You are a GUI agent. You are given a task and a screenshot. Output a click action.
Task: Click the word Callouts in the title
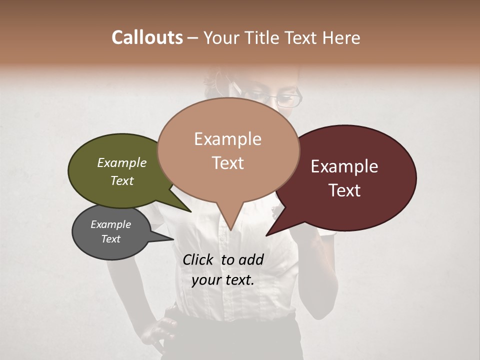pyautogui.click(x=147, y=37)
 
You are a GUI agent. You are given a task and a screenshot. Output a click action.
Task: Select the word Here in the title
pyautogui.click(x=342, y=37)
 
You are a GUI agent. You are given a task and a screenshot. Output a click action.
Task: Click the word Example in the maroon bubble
pyautogui.click(x=344, y=166)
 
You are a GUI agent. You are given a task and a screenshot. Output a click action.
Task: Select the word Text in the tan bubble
pyautogui.click(x=228, y=163)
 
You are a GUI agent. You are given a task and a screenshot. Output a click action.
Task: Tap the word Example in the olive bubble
pyautogui.click(x=122, y=162)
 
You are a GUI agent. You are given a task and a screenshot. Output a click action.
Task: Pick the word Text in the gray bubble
pyautogui.click(x=111, y=239)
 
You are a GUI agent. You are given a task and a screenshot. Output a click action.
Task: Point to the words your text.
pyautogui.click(x=223, y=280)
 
